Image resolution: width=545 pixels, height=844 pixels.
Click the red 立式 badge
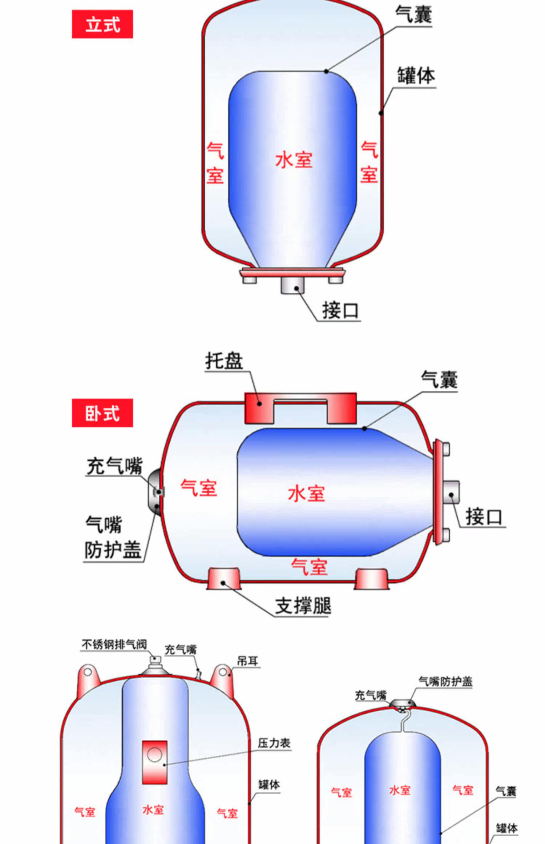coord(102,24)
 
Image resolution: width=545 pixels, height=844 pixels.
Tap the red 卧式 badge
coord(102,413)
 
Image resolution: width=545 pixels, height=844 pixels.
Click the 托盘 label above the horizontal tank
coord(224,361)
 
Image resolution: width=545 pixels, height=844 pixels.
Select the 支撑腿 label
coord(303,606)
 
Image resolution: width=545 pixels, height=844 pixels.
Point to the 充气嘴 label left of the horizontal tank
coord(114,466)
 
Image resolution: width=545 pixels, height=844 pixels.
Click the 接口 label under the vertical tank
coord(340,311)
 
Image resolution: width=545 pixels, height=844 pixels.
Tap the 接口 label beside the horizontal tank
coord(484,517)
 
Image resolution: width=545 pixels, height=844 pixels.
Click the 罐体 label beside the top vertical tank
coord(416,76)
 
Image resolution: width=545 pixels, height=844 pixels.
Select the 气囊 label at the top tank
coord(413,15)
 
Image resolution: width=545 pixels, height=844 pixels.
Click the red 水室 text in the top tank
coord(294,160)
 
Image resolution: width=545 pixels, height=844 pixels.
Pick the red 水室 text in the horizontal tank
coord(306,494)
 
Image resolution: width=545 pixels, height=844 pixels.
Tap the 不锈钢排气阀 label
coord(114,644)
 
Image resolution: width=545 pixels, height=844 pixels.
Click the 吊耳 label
coord(247,661)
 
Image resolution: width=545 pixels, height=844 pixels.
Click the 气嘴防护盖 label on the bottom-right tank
coord(445,681)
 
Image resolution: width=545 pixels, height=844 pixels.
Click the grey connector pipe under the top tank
coord(292,285)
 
